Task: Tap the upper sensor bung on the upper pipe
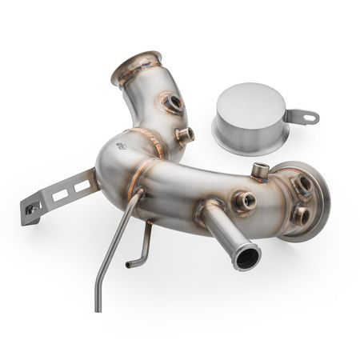coord(174,103)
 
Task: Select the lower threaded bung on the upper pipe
coord(185,135)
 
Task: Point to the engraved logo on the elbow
coord(121,146)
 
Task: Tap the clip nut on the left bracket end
coord(31,210)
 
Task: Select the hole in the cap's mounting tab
coord(310,117)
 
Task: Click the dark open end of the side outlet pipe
coord(246,258)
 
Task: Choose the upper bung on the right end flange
coord(303,185)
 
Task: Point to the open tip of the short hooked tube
coord(128,264)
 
